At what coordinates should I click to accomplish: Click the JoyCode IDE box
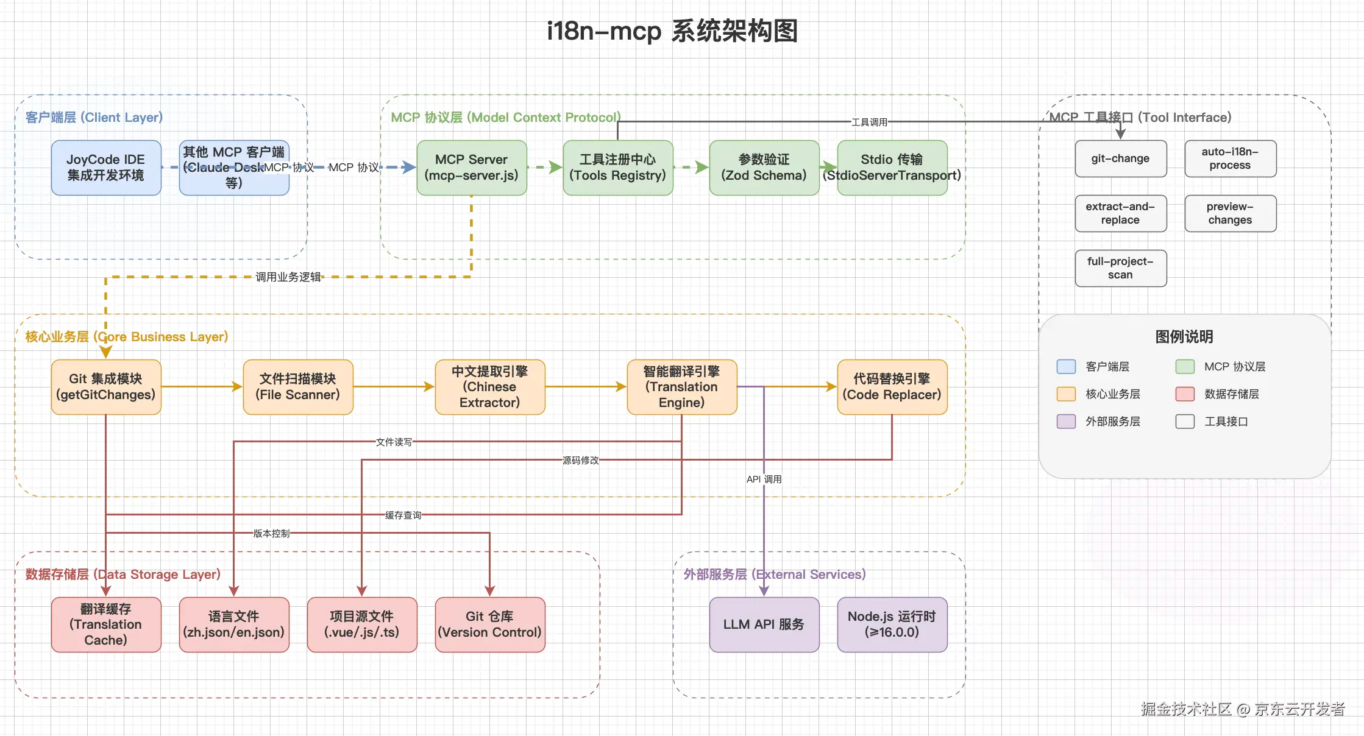click(106, 168)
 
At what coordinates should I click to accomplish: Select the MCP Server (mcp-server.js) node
click(471, 168)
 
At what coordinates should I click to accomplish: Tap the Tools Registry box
click(617, 168)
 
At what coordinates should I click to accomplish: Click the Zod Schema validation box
click(764, 168)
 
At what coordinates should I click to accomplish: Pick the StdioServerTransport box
click(892, 168)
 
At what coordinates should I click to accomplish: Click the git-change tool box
click(1120, 158)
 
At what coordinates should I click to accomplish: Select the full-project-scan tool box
click(1120, 268)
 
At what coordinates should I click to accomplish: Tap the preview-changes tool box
click(1230, 213)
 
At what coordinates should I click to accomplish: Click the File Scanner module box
click(297, 387)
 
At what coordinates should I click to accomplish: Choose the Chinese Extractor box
click(489, 387)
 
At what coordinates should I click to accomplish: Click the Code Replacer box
click(892, 387)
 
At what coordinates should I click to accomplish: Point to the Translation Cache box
click(106, 625)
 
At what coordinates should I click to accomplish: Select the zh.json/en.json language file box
click(233, 625)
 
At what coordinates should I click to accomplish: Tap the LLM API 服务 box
click(764, 625)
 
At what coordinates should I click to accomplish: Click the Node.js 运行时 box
click(892, 625)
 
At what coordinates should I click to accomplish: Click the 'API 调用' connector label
click(764, 479)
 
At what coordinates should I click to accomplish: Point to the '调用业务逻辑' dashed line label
click(288, 277)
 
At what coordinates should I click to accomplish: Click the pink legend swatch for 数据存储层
click(1184, 394)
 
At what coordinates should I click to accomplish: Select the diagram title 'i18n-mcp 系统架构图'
click(672, 30)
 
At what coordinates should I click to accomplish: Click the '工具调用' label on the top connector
click(869, 122)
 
